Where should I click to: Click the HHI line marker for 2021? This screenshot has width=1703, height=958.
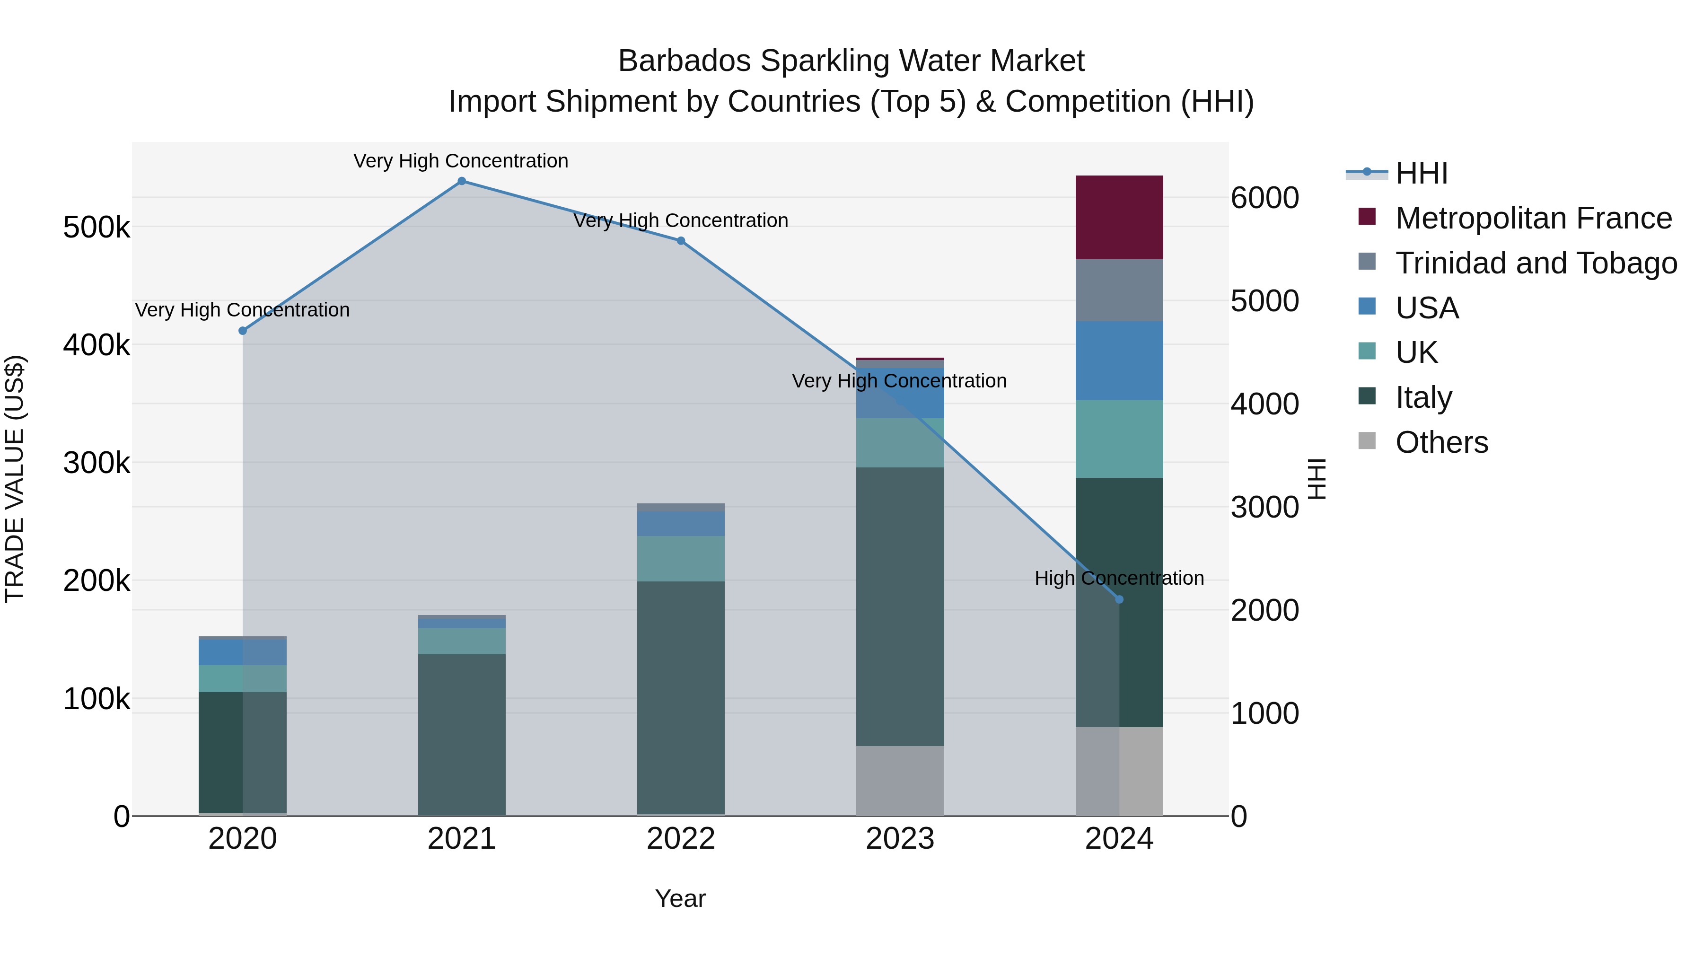click(x=461, y=181)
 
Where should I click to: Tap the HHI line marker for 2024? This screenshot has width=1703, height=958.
click(x=1119, y=600)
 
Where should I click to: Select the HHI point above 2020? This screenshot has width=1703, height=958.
click(x=243, y=331)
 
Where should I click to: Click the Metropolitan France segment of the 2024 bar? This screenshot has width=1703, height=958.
click(x=1119, y=218)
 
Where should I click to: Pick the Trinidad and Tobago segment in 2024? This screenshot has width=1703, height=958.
click(x=1119, y=290)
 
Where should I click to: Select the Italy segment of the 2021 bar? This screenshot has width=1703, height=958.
click(x=461, y=734)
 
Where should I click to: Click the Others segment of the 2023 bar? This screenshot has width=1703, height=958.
click(x=900, y=781)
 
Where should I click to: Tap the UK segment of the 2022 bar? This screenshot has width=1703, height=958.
click(x=681, y=559)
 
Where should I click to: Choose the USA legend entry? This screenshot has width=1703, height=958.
click(x=1427, y=308)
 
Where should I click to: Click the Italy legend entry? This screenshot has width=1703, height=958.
click(x=1423, y=397)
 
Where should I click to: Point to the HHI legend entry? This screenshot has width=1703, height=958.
click(x=1422, y=173)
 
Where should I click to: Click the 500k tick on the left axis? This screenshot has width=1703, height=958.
click(x=97, y=228)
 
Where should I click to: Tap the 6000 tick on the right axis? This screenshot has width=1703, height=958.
click(x=1264, y=198)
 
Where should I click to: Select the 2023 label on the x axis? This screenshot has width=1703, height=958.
click(x=900, y=839)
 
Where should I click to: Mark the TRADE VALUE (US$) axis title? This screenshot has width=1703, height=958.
click(x=15, y=479)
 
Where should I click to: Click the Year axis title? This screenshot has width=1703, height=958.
click(x=680, y=898)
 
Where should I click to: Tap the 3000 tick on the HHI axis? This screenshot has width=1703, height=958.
click(x=1264, y=507)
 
